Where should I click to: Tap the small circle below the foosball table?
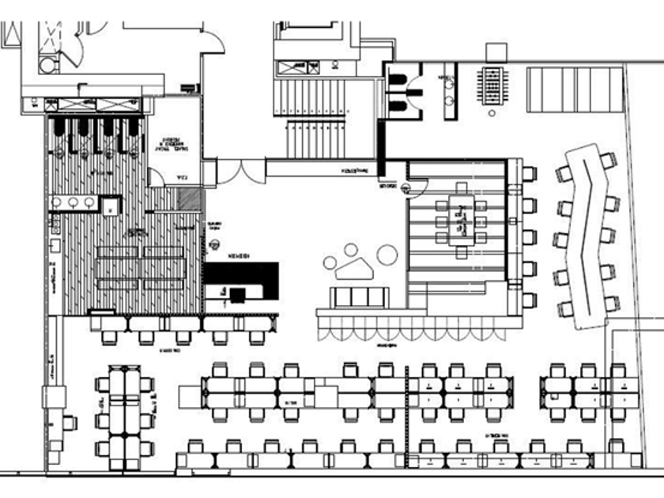(x=493, y=113)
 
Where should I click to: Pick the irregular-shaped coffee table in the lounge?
(x=353, y=269)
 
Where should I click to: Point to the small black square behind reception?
(x=235, y=294)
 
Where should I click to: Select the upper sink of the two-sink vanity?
(x=449, y=81)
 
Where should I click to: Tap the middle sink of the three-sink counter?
(x=71, y=202)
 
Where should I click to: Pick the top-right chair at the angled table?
(x=607, y=161)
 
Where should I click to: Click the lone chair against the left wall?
(x=69, y=422)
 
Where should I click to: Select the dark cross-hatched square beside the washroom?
(x=188, y=199)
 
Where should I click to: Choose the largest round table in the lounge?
(x=387, y=255)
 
